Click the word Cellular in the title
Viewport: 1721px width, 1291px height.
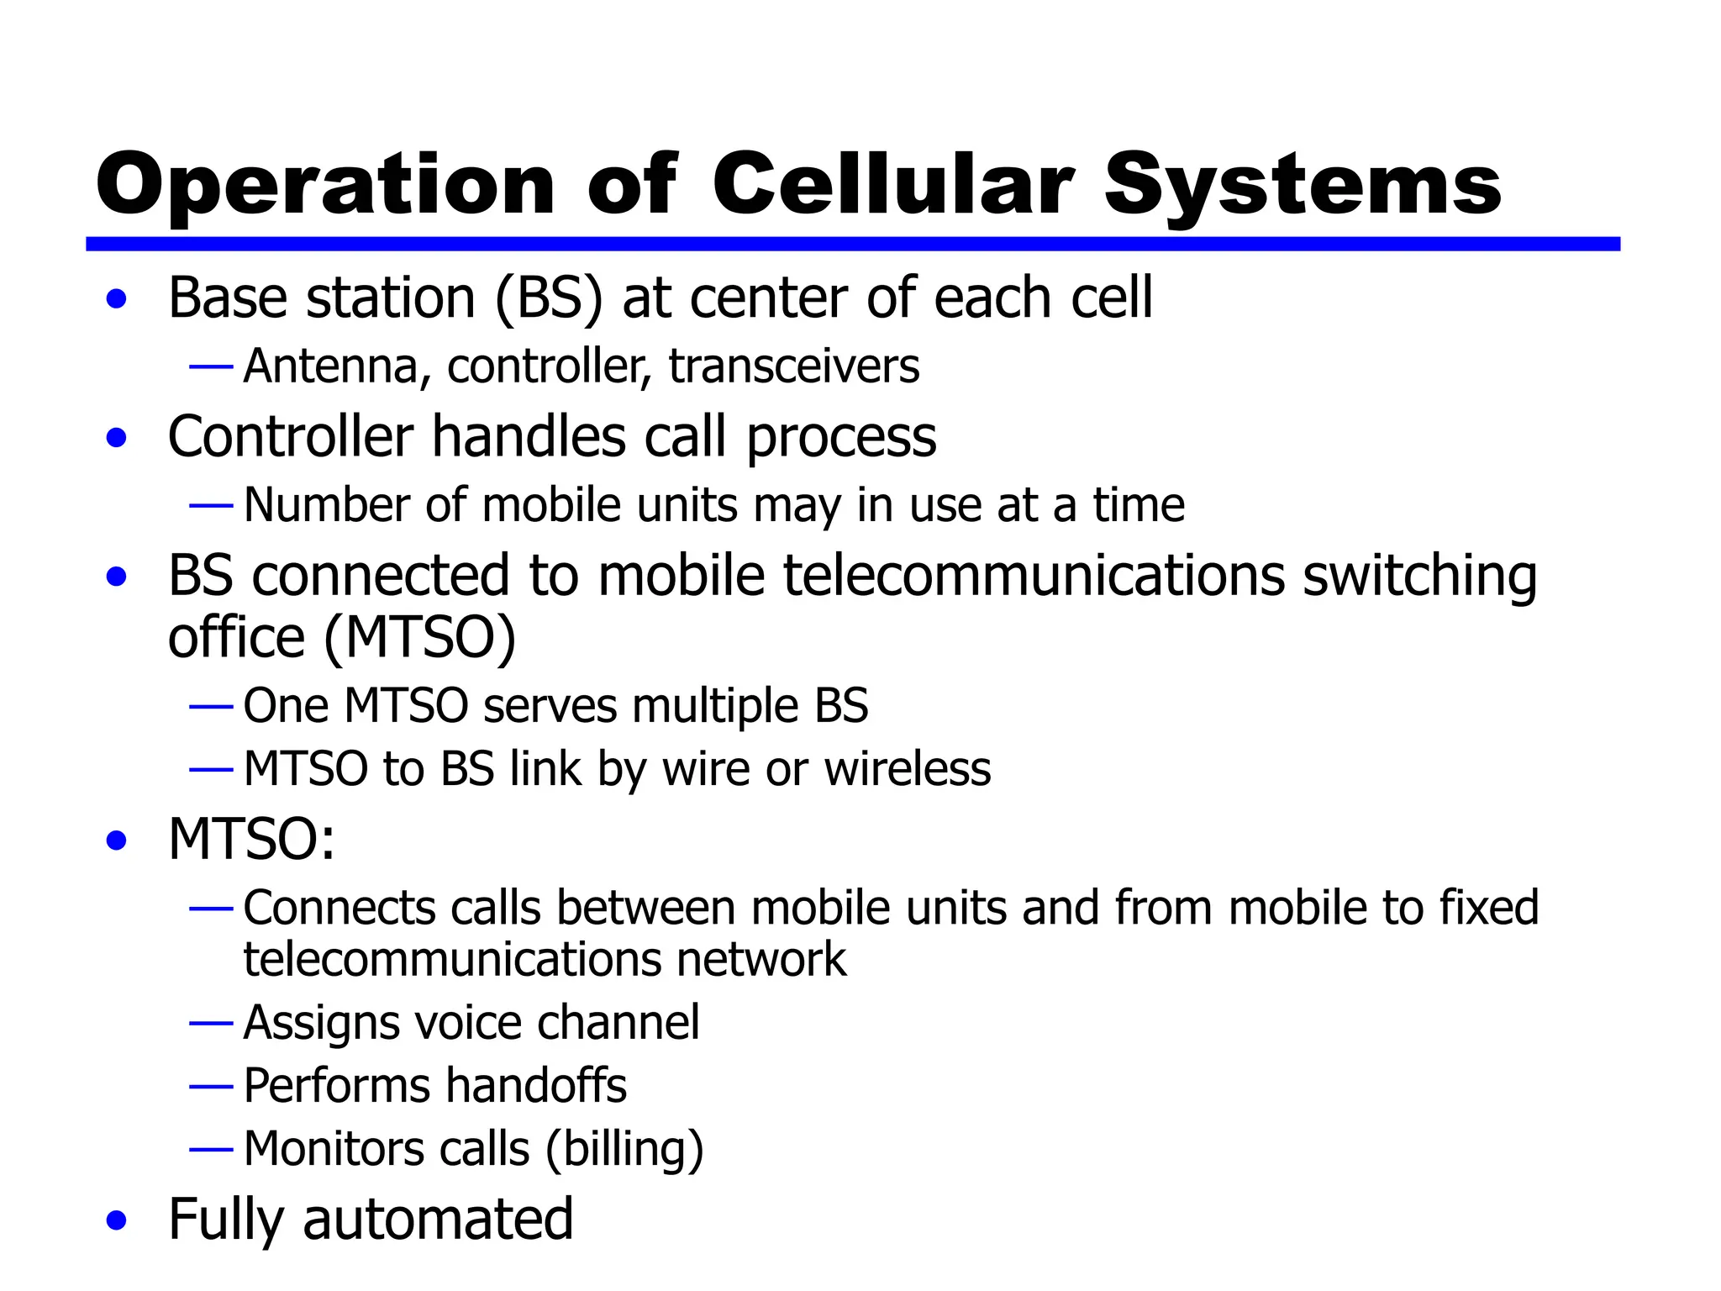pos(892,184)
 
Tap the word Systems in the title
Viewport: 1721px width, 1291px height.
pos(1302,186)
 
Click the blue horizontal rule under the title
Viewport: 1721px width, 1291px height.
pos(852,244)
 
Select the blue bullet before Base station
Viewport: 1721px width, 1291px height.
pos(117,299)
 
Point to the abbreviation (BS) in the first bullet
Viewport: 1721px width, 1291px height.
pos(549,298)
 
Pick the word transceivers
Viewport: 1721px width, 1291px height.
pos(794,366)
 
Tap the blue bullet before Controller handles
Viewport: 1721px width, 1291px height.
pos(117,438)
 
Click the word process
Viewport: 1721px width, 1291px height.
pos(840,438)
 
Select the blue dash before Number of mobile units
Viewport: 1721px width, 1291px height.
pos(211,506)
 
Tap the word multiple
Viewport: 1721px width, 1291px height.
pos(714,705)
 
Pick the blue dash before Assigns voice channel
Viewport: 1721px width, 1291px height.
pos(211,1023)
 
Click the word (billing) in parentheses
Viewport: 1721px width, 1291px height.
pos(624,1149)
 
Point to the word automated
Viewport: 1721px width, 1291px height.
pos(438,1219)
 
